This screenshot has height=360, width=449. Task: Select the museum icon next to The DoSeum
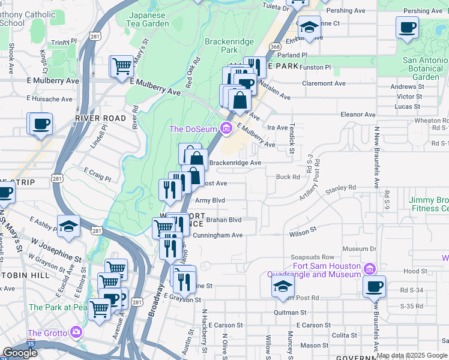226,128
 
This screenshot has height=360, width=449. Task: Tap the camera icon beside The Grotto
76,332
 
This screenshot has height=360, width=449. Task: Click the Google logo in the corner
20,353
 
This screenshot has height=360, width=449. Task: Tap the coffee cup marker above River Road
41,124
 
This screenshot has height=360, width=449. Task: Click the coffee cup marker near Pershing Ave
407,27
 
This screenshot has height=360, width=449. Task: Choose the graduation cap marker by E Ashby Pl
69,226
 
